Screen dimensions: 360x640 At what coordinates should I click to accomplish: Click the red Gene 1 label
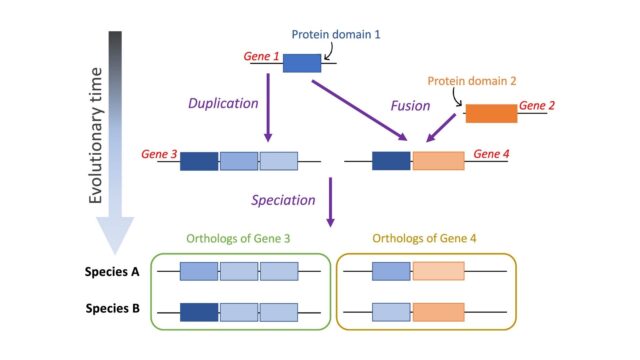[261, 57]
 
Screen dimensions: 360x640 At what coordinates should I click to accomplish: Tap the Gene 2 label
[537, 105]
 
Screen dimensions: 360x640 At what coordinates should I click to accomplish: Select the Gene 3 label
[160, 155]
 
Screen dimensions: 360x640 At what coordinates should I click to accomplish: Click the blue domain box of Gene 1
[302, 62]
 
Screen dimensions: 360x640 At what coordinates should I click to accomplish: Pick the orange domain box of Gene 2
[491, 112]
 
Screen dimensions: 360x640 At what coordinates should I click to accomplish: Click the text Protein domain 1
[336, 35]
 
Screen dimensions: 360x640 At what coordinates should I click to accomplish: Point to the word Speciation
[284, 199]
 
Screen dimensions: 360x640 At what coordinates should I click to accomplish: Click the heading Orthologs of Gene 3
[241, 239]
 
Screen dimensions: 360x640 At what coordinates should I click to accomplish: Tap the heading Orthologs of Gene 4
[427, 239]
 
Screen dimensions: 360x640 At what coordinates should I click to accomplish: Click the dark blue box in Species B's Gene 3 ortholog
[200, 311]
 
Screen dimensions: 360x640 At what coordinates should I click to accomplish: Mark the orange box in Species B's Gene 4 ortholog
[438, 311]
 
